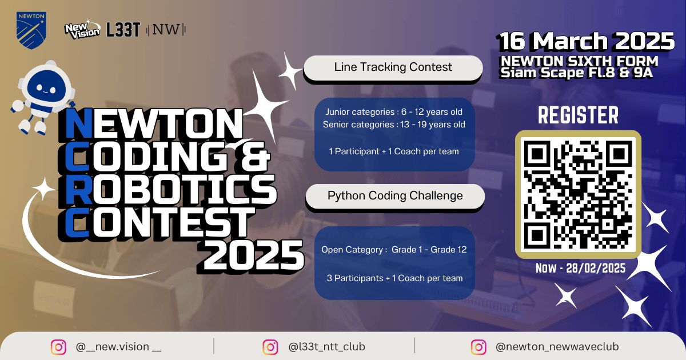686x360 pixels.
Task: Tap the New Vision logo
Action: [81, 29]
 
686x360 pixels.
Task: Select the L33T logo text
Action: [123, 30]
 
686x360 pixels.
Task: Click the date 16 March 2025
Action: [586, 42]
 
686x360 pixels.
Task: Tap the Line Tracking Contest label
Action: [393, 67]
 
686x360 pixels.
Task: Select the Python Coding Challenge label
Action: [395, 196]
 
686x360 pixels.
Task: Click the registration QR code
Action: [578, 194]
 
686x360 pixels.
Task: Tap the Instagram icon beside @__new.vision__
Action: [58, 347]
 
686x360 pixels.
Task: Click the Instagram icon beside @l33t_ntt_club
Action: [270, 347]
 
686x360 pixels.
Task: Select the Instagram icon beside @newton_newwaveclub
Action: [478, 347]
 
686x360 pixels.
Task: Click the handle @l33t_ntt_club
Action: [326, 347]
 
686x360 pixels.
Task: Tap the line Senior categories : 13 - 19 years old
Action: [394, 125]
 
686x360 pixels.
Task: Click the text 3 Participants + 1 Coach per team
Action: [395, 278]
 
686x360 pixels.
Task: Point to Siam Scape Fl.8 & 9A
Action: [576, 73]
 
